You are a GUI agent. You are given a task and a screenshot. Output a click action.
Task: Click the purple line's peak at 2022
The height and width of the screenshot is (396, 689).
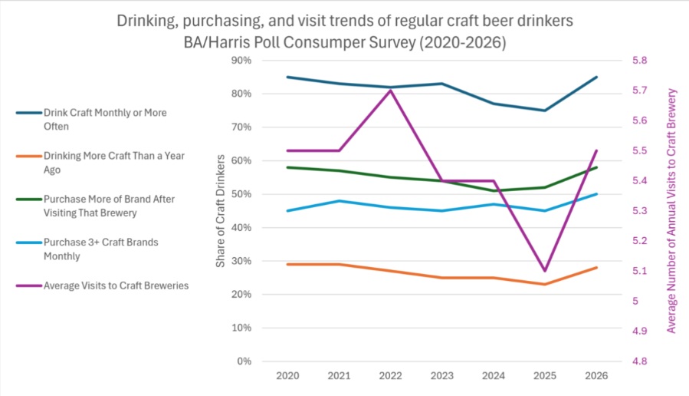[x=390, y=91]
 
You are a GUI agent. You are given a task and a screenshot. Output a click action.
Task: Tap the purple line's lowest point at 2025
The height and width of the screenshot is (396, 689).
[x=545, y=271]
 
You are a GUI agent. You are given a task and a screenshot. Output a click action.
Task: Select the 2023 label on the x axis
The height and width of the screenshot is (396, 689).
[x=441, y=376]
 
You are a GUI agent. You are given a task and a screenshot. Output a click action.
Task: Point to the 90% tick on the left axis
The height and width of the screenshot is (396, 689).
[x=241, y=61]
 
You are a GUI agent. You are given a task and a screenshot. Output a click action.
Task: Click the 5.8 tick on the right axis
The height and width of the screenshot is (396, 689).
[x=639, y=61]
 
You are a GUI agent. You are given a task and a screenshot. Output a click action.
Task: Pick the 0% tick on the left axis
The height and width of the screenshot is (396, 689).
[x=244, y=361]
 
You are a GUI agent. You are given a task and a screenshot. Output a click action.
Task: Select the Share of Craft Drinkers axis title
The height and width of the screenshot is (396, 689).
[x=220, y=211]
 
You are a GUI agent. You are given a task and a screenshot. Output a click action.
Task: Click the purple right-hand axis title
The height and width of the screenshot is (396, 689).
[x=671, y=211]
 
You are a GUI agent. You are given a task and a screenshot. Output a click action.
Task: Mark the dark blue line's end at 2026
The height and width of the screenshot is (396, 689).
[x=596, y=77]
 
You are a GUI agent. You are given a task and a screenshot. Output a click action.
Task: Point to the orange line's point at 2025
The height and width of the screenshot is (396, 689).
[x=545, y=284]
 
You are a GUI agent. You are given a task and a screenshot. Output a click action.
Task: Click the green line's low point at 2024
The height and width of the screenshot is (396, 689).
[x=494, y=190]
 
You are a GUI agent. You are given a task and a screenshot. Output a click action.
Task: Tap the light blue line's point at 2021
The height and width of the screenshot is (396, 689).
[x=339, y=201]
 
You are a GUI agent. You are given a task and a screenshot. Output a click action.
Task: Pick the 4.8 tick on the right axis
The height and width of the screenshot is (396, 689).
[x=639, y=361]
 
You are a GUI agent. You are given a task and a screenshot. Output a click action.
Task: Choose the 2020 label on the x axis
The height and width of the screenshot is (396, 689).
[x=287, y=376]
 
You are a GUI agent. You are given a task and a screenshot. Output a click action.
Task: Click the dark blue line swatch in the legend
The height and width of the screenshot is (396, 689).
[x=29, y=113]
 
